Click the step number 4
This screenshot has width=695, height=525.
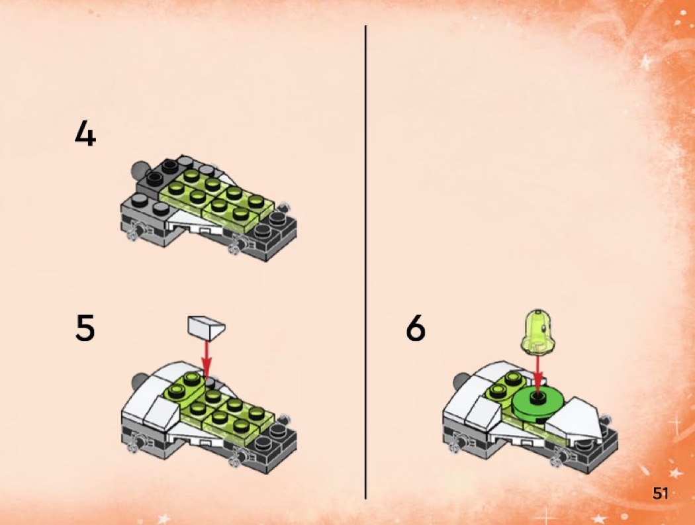85,133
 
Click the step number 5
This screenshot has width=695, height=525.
85,328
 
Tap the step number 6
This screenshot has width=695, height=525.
415,328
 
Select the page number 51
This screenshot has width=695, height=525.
659,493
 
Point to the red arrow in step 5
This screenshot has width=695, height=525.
206,359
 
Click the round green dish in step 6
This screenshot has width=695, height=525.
537,402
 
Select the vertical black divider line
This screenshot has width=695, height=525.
365,262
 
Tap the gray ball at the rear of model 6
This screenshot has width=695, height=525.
461,379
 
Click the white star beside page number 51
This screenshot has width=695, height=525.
676,473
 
